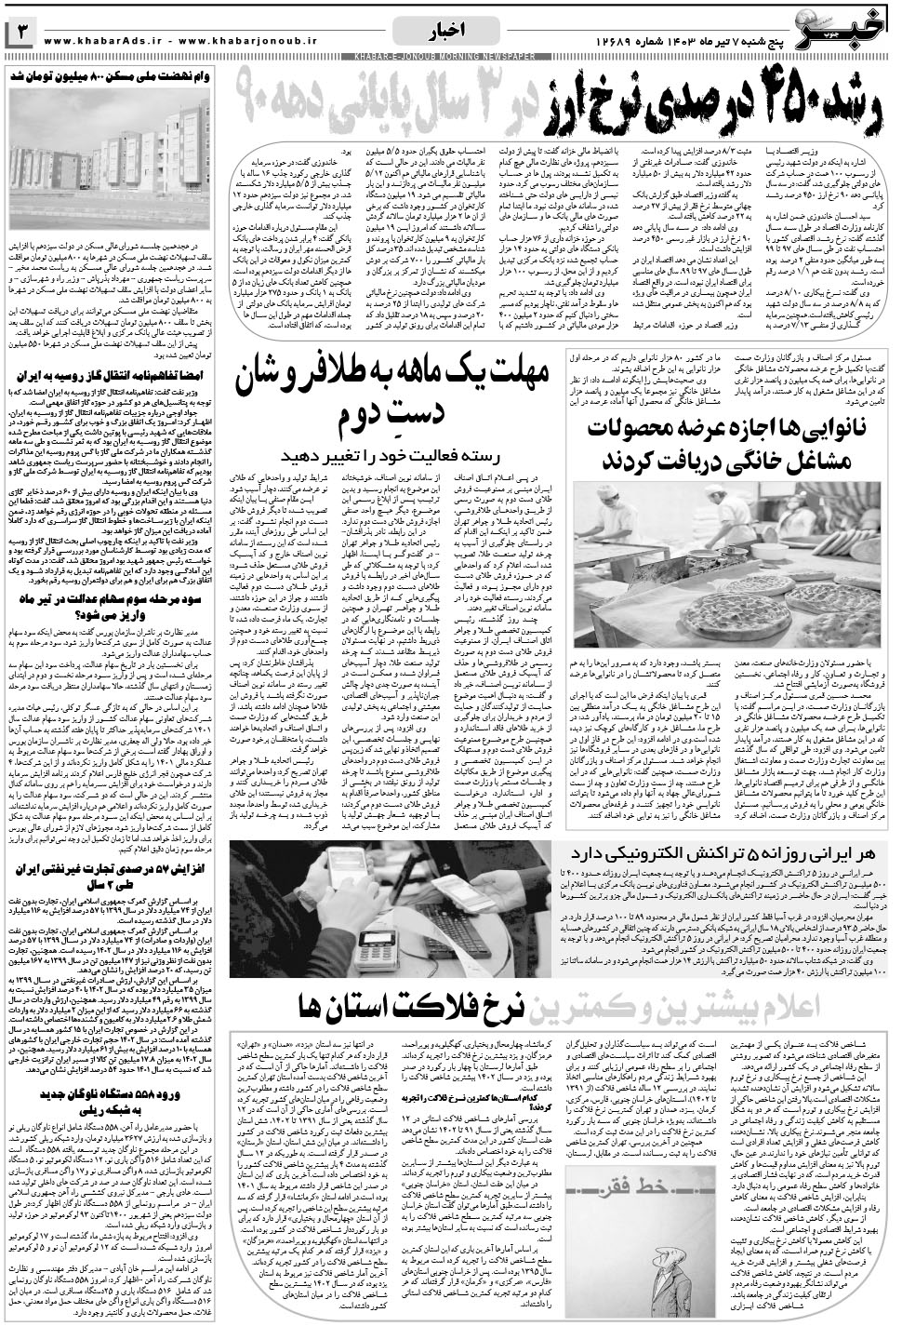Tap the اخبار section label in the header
tap(450, 36)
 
